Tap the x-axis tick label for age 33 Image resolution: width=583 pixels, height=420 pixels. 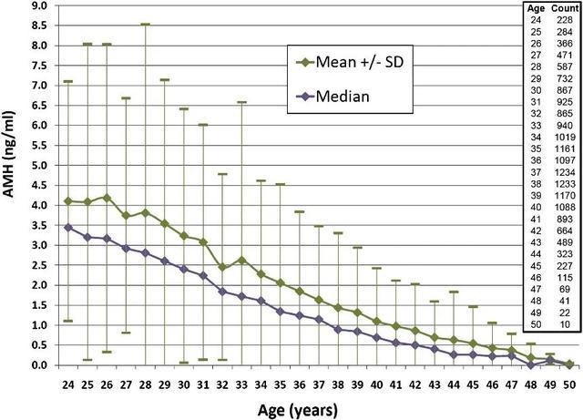[241, 382]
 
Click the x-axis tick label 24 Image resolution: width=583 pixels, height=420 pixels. [69, 382]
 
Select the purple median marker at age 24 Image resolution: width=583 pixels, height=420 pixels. [68, 227]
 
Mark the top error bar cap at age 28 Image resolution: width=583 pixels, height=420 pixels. [145, 25]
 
